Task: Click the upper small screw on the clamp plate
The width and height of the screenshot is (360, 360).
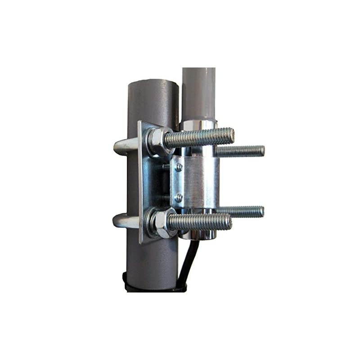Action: [x=179, y=167]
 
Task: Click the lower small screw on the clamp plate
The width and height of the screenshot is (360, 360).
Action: [x=179, y=197]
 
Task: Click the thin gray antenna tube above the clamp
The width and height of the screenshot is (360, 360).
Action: [x=198, y=92]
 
